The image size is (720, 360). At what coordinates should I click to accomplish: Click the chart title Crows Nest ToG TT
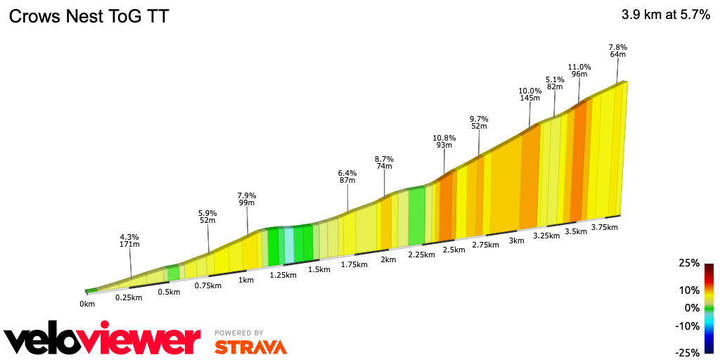coord(89,16)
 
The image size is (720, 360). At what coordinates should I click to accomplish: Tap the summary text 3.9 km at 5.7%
coord(665,15)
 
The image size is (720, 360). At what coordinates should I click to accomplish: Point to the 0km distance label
coord(87,304)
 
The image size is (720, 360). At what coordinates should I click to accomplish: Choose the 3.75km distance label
coord(605,227)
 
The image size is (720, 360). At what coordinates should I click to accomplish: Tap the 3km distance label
coord(516,240)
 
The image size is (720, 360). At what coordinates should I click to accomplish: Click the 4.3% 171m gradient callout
coord(129,240)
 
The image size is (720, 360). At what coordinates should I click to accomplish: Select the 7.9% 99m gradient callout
coord(247,199)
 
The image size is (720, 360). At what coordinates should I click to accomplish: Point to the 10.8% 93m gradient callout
coord(444,141)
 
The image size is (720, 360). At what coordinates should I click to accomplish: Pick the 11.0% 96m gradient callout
coord(579,70)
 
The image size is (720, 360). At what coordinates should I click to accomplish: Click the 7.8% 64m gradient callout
coord(618,50)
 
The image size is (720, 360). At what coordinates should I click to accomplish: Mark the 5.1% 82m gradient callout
coord(555,82)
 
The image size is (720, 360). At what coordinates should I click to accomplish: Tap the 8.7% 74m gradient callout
coord(384,162)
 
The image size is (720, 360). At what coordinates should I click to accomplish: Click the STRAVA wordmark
coord(250,347)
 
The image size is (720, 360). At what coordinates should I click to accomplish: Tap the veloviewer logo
coord(103,341)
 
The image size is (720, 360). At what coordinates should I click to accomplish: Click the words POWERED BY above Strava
coord(239,333)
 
